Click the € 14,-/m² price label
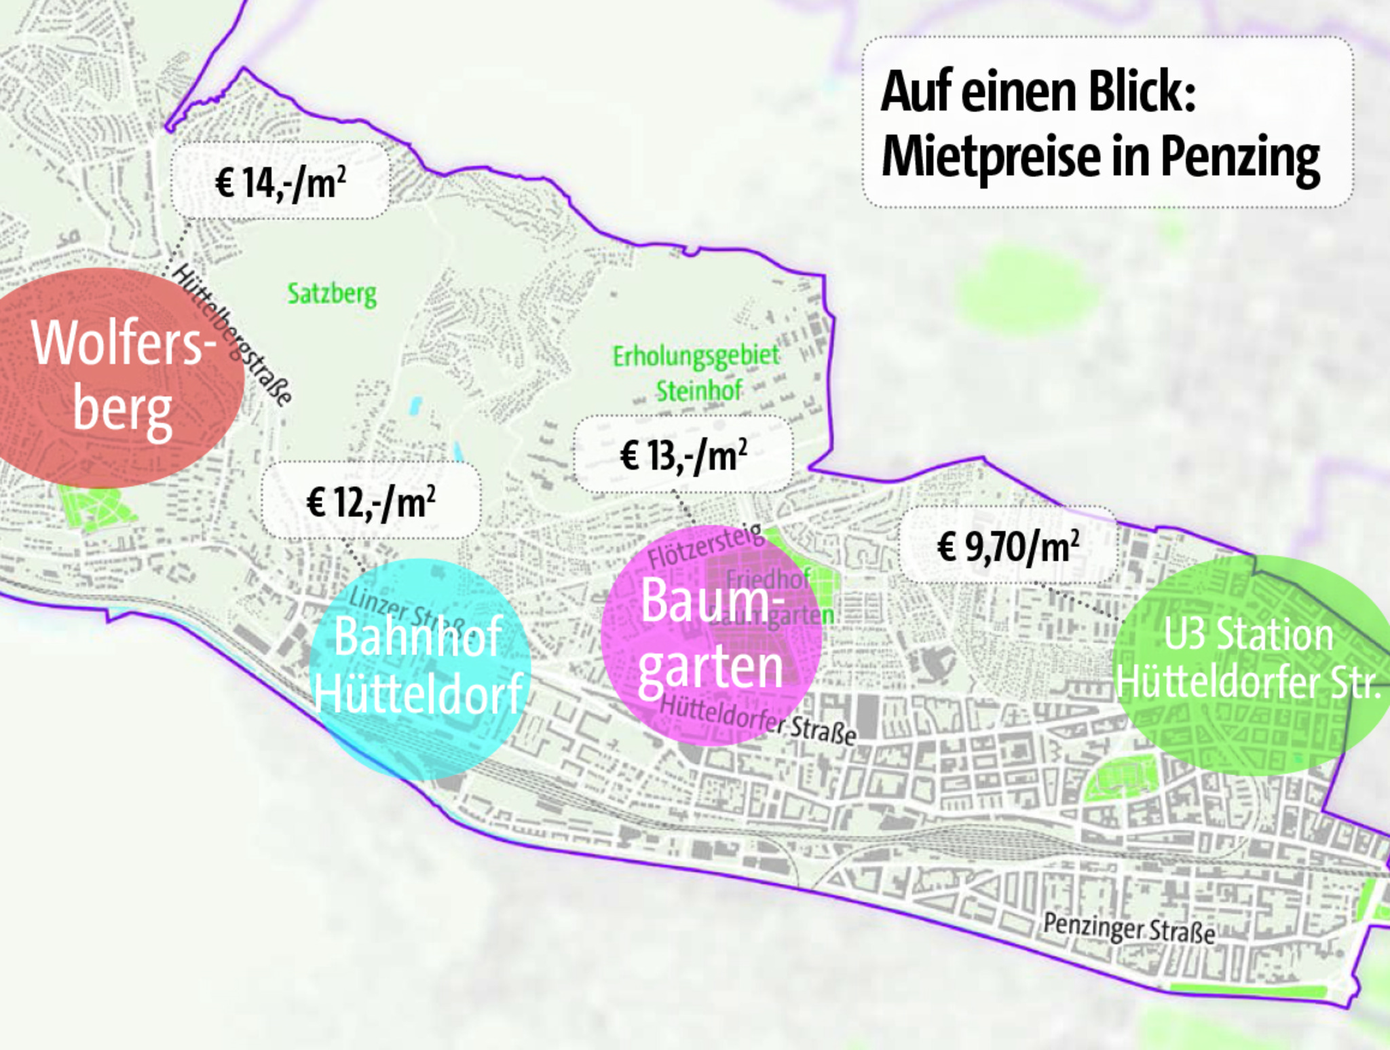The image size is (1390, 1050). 280,182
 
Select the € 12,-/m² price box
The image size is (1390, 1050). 371,502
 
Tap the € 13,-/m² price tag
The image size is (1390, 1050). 683,454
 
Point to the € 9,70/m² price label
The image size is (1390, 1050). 1008,546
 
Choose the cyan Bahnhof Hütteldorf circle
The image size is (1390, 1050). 419,669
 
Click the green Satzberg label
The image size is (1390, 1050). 332,294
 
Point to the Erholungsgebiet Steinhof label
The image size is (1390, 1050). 696,373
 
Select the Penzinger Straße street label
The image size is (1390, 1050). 1128,928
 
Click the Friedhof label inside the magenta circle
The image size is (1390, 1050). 767,579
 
